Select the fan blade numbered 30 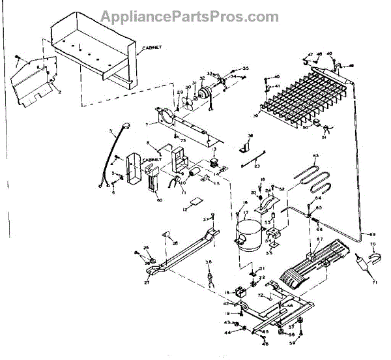click(186, 101)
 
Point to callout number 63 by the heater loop click(315, 155)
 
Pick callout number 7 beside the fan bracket click(148, 124)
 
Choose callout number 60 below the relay click(159, 200)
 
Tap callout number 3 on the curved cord click(111, 133)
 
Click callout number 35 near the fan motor click(245, 68)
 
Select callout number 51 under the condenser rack click(324, 138)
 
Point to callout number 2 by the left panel click(59, 93)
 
